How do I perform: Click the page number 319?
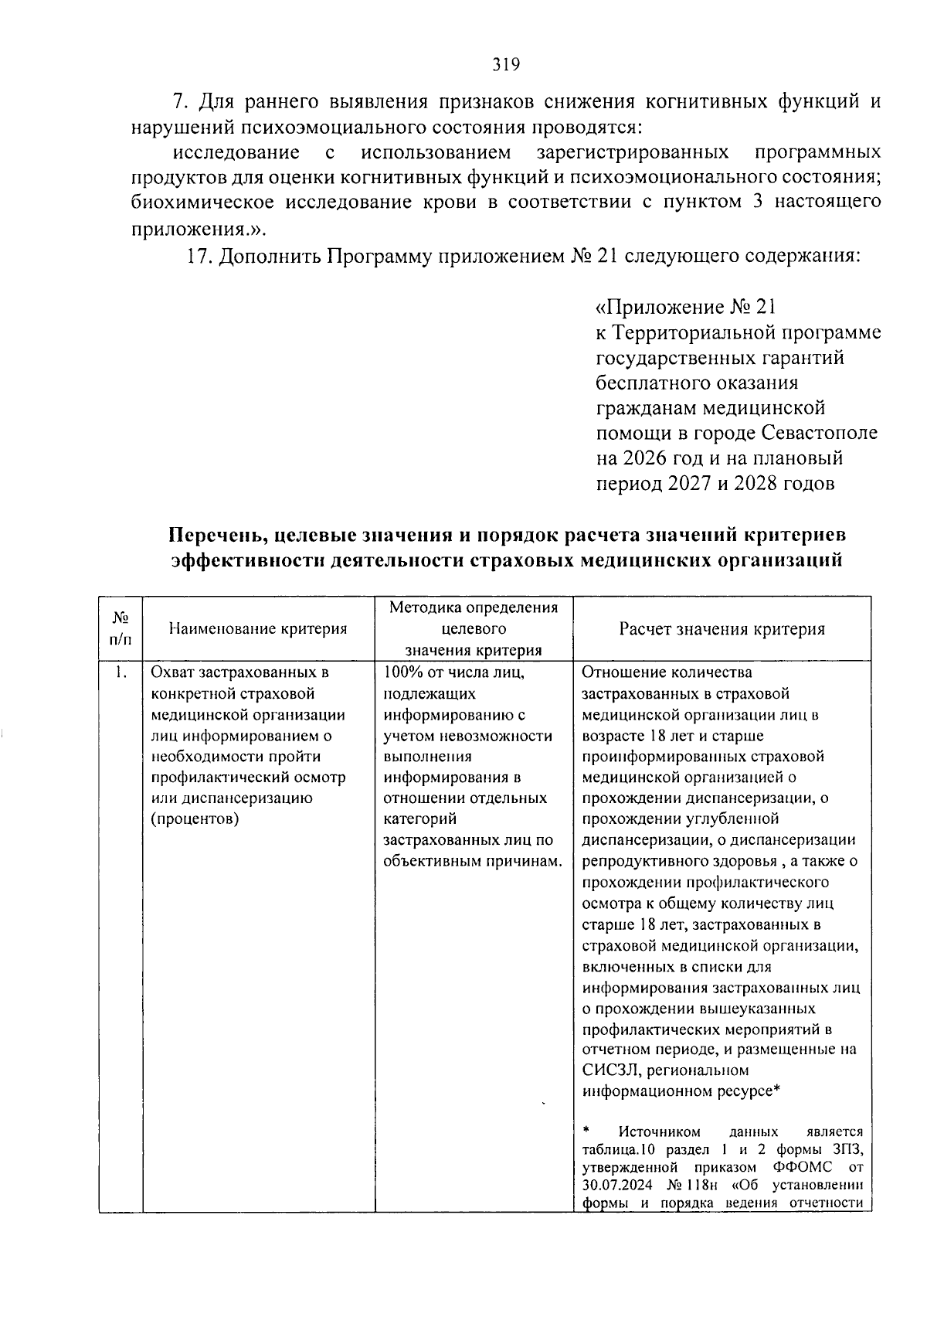pos(506,64)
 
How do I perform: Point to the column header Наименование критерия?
pos(258,629)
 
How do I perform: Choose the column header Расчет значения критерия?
pos(722,629)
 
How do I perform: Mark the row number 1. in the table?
pos(120,672)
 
